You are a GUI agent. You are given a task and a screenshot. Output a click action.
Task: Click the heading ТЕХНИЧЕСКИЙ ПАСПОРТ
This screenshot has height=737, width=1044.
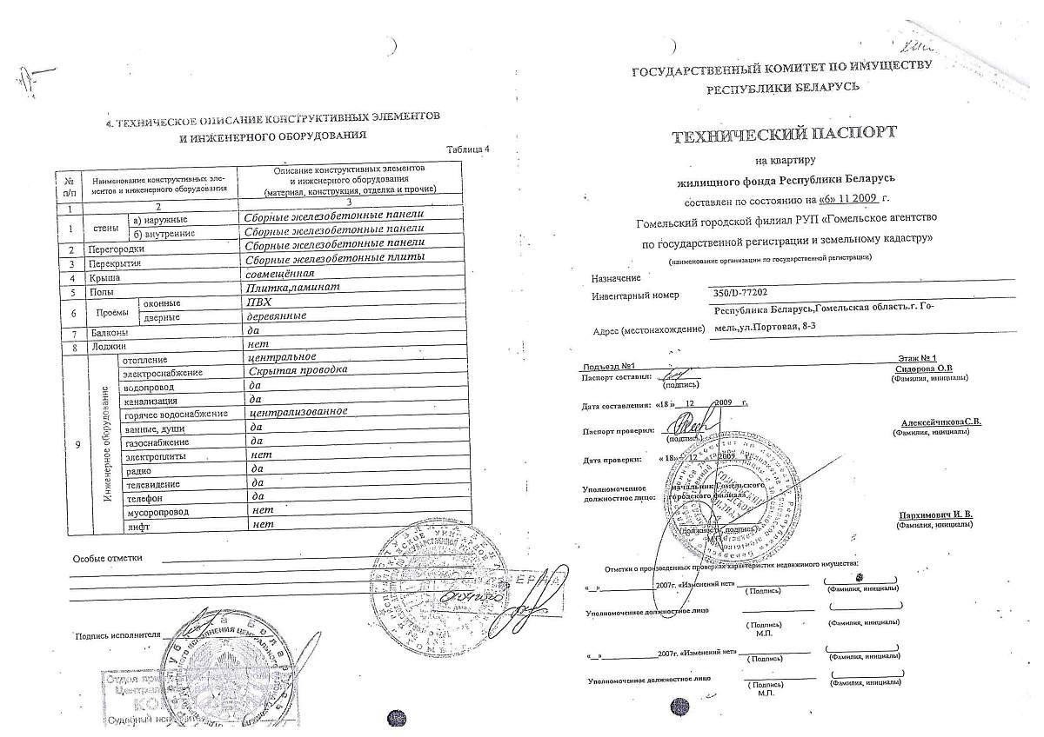(783, 136)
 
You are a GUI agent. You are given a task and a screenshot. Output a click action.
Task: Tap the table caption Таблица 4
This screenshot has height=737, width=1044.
(467, 149)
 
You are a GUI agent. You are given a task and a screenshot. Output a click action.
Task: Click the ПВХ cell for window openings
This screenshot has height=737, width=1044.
(260, 302)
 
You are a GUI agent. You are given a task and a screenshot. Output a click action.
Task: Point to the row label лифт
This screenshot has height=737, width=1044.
(137, 527)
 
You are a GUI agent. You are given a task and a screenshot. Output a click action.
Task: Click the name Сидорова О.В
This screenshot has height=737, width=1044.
(923, 368)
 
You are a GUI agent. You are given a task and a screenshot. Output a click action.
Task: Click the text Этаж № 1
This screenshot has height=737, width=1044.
(916, 358)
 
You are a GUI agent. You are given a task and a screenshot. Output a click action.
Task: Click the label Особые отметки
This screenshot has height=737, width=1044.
(107, 558)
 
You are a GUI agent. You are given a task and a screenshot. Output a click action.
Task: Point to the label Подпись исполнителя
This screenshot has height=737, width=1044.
(117, 635)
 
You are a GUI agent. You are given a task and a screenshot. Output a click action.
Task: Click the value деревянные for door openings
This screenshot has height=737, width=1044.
(277, 316)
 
